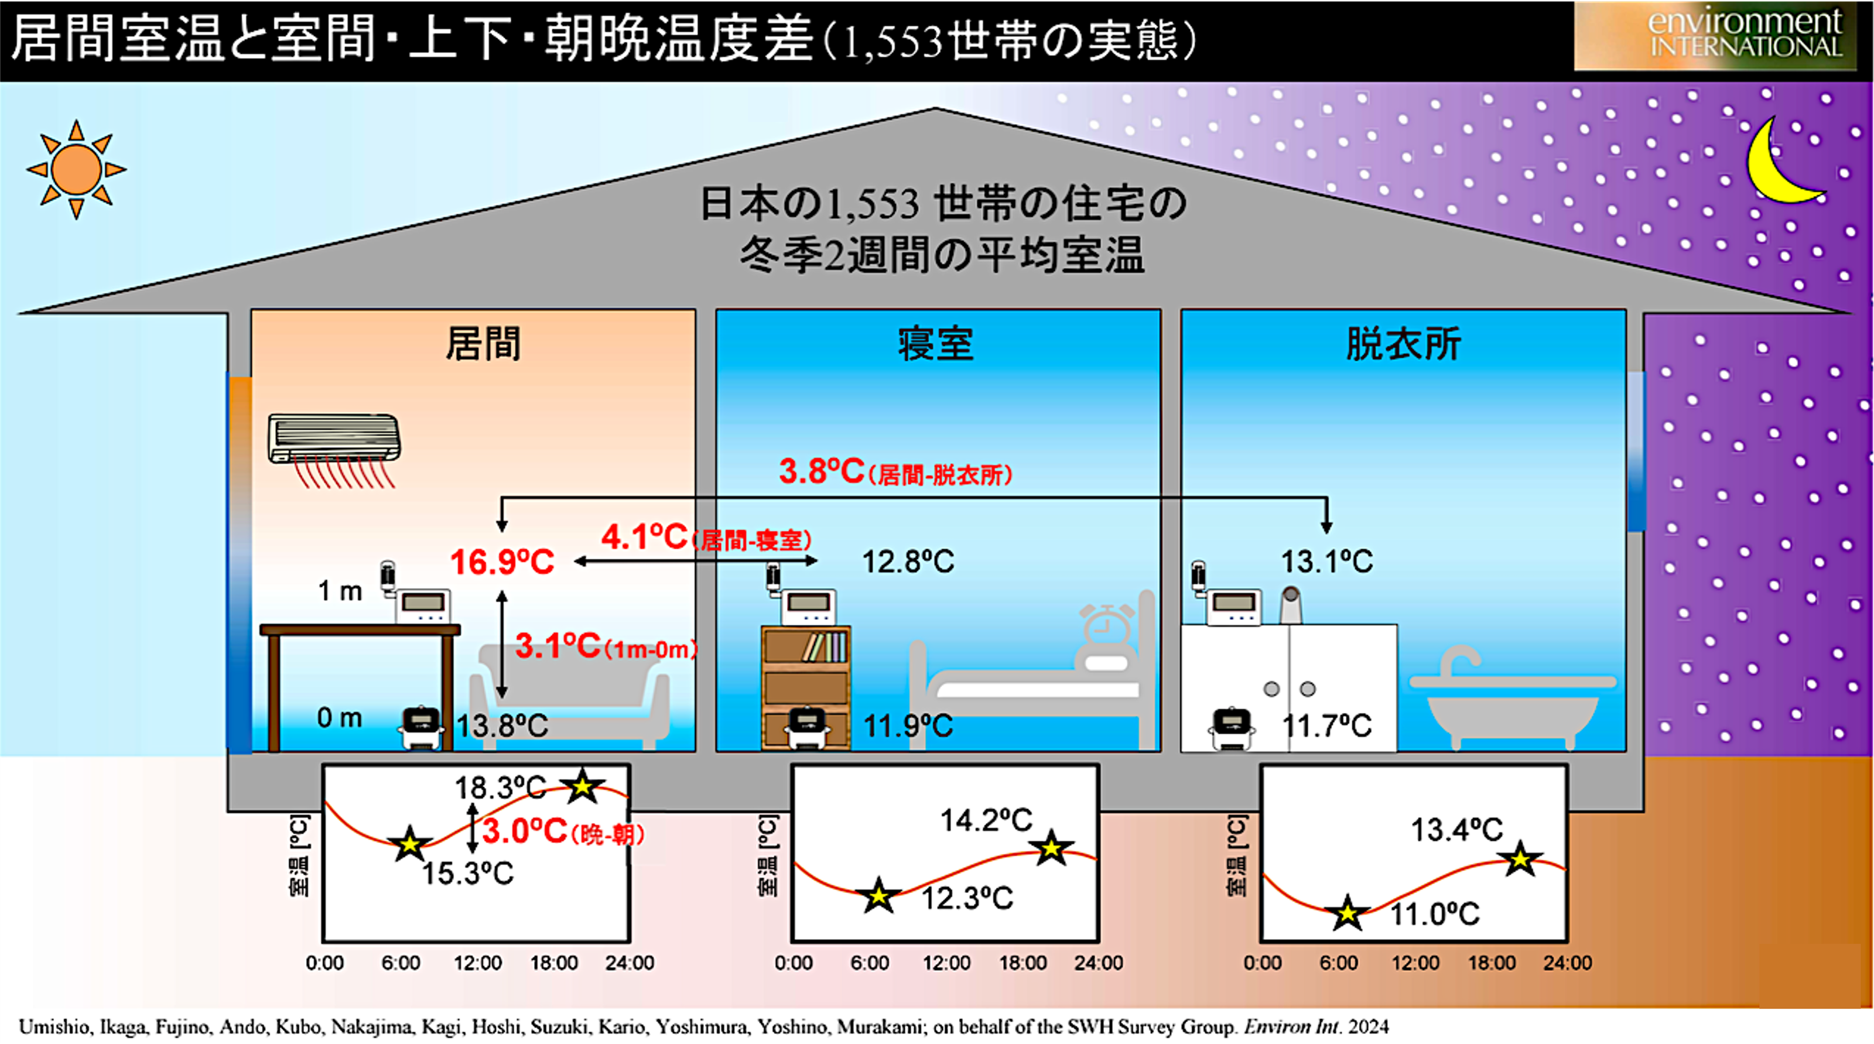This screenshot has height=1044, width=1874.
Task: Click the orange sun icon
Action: pyautogui.click(x=76, y=170)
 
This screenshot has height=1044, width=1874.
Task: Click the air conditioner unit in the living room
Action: pyautogui.click(x=334, y=438)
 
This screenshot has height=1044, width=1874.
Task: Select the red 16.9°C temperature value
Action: pyautogui.click(x=502, y=562)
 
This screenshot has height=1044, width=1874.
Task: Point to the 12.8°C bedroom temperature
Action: pyautogui.click(x=908, y=562)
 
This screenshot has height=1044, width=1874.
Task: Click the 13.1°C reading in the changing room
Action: pyautogui.click(x=1327, y=562)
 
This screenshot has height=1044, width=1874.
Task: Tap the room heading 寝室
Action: pyautogui.click(x=936, y=344)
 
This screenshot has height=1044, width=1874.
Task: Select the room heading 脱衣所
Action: pyautogui.click(x=1403, y=344)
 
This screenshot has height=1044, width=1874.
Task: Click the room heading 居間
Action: pyautogui.click(x=484, y=344)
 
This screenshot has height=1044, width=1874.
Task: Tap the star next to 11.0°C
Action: pyautogui.click(x=1348, y=912)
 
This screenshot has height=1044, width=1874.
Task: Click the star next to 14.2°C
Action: pyautogui.click(x=1051, y=848)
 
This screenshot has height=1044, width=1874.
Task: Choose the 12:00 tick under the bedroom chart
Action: pyautogui.click(x=946, y=963)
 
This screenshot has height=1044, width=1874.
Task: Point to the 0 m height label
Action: pyautogui.click(x=340, y=718)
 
